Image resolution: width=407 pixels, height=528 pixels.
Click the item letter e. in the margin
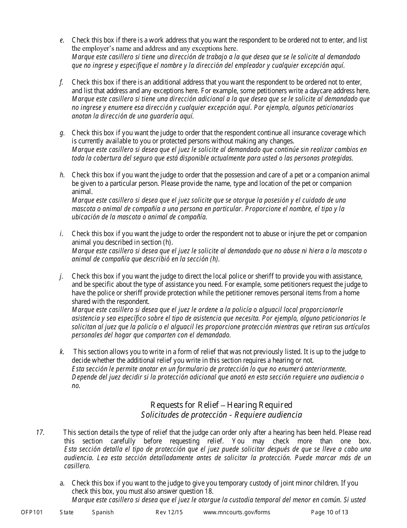pyautogui.click(x=62, y=40)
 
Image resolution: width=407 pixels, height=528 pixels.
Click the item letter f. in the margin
pyautogui.click(x=62, y=82)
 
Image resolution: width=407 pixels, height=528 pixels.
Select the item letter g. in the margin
pyautogui.click(x=62, y=133)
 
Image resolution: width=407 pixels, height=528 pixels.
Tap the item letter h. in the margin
pyautogui.click(x=62, y=175)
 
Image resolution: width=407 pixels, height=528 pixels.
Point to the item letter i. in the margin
pyautogui.click(x=62, y=234)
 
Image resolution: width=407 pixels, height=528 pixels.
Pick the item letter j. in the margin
pyautogui.click(x=62, y=276)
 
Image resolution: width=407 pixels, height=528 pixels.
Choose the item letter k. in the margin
pyautogui.click(x=62, y=352)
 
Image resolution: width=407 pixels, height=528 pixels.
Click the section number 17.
pyautogui.click(x=40, y=433)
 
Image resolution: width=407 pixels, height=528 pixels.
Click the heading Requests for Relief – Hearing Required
pyautogui.click(x=221, y=405)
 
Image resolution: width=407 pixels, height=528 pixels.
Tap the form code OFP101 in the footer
pyautogui.click(x=32, y=512)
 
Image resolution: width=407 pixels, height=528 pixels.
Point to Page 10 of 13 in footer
pyautogui.click(x=329, y=512)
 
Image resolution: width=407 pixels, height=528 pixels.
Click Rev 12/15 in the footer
pyautogui.click(x=169, y=512)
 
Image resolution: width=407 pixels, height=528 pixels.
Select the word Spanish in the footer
pyautogui.click(x=103, y=512)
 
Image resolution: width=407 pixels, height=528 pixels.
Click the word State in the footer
pyautogui.click(x=66, y=512)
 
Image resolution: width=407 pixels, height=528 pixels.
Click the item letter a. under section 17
pyautogui.click(x=62, y=483)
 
